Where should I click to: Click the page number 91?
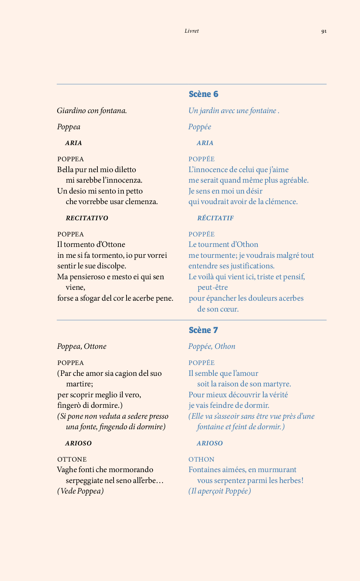pyautogui.click(x=324, y=31)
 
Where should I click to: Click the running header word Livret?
pyautogui.click(x=192, y=31)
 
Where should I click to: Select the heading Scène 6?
pyautogui.click(x=204, y=94)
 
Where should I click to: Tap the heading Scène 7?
pyautogui.click(x=203, y=330)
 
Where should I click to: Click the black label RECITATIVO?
pyautogui.click(x=87, y=218)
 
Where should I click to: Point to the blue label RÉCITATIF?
pyautogui.click(x=216, y=218)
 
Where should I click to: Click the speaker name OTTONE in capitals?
pyautogui.click(x=72, y=459)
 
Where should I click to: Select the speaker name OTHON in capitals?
pyautogui.click(x=201, y=459)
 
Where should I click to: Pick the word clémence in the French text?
pyautogui.click(x=281, y=202)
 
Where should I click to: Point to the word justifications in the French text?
pyautogui.click(x=252, y=266)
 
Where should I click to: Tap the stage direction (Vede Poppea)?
pyautogui.click(x=81, y=491)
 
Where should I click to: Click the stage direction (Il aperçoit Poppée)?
pyautogui.click(x=220, y=491)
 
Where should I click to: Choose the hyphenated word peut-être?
pyautogui.click(x=212, y=287)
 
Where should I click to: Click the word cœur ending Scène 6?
pyautogui.click(x=229, y=309)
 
